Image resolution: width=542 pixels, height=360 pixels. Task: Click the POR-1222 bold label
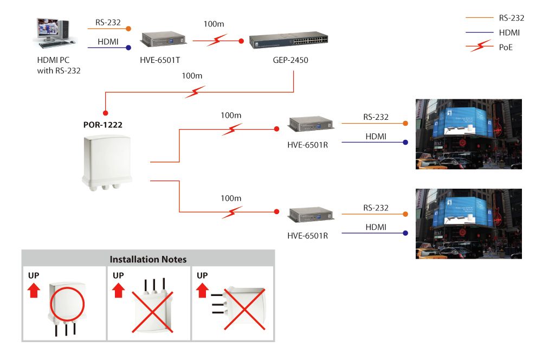tap(102, 125)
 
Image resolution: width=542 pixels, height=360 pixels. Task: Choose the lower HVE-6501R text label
tap(307, 236)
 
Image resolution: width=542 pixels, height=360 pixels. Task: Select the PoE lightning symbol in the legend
tap(479, 48)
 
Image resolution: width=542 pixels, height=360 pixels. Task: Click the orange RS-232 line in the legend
tap(479, 18)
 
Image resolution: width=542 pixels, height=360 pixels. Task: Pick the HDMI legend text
tap(509, 33)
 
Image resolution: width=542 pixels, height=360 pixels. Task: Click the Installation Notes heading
tap(148, 259)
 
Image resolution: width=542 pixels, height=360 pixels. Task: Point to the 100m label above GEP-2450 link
tap(213, 24)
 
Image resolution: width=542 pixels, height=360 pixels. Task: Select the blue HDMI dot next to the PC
tap(128, 48)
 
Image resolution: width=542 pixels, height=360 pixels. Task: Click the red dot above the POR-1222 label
tap(106, 113)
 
